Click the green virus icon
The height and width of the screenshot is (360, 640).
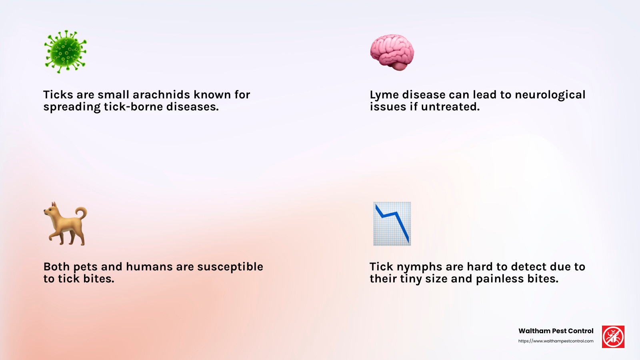click(65, 52)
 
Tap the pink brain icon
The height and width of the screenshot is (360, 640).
click(392, 52)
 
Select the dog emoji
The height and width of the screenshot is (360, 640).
click(65, 224)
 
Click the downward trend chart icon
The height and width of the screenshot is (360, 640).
click(392, 224)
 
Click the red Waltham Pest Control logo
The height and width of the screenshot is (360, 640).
click(613, 337)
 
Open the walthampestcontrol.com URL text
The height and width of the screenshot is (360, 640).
click(556, 341)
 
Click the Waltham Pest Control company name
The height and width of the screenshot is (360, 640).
click(556, 331)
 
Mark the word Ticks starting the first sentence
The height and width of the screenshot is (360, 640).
click(58, 95)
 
